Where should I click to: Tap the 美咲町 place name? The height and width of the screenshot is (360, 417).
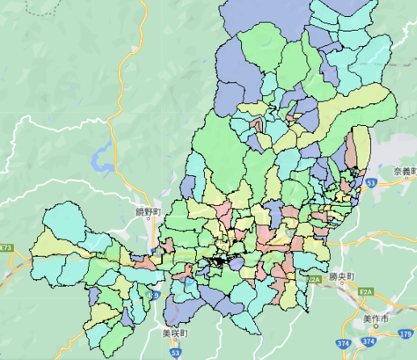pyautogui.click(x=173, y=333)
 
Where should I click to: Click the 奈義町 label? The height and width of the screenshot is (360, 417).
pyautogui.click(x=403, y=171)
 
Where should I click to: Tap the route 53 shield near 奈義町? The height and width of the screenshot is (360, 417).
pyautogui.click(x=370, y=184)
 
